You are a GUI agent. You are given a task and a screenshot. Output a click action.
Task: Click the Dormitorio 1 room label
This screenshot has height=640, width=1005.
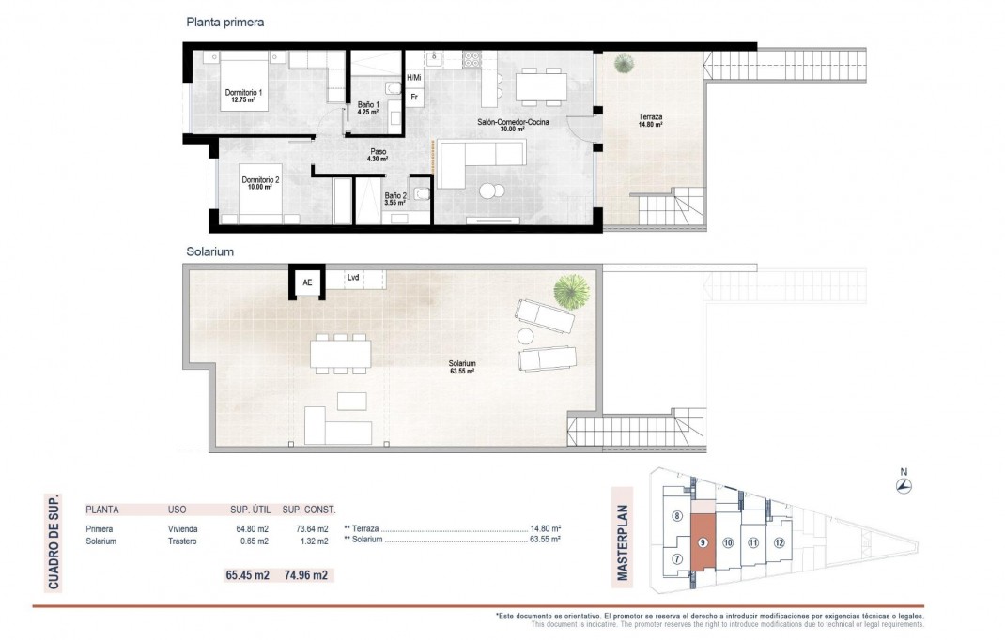243,95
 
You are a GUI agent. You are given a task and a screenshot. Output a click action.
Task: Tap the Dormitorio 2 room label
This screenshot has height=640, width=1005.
260,182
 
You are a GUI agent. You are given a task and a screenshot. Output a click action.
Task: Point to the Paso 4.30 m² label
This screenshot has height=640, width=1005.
378,155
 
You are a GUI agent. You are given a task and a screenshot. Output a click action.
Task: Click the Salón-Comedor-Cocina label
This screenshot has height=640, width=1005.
512,125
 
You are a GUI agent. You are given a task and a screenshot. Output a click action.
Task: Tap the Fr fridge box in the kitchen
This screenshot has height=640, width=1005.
414,96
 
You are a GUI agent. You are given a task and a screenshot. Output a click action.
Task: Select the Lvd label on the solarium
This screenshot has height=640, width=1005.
353,277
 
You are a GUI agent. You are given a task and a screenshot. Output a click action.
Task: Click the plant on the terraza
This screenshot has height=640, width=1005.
623,64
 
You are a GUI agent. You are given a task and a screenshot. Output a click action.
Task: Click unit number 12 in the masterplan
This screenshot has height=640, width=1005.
779,542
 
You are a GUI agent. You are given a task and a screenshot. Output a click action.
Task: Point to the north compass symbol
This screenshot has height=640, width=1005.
904,485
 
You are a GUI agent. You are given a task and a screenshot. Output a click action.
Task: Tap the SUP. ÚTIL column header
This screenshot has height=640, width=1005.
251,510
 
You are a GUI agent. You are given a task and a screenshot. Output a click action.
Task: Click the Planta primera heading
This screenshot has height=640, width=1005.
225,23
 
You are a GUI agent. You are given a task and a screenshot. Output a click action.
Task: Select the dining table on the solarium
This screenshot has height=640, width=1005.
340,353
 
